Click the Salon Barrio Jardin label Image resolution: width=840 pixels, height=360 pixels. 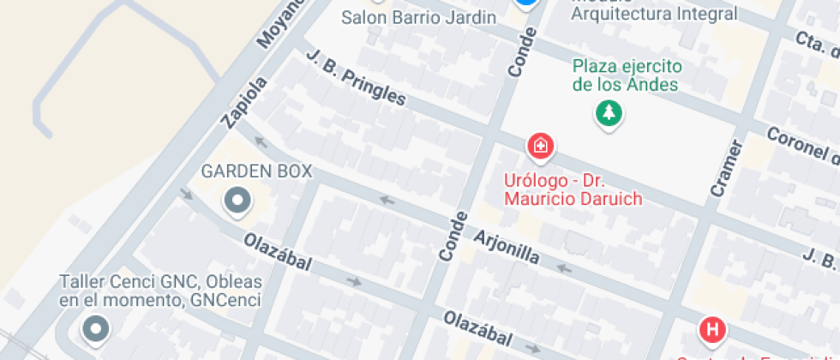(419, 17)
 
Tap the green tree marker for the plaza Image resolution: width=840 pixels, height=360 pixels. (609, 112)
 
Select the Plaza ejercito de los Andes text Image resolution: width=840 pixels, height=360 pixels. (627, 75)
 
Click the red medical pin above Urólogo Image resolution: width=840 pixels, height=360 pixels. (540, 146)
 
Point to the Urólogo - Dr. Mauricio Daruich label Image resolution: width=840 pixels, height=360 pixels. (573, 189)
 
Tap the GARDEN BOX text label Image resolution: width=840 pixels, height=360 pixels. (255, 171)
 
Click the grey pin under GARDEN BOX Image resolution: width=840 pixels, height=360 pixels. (237, 202)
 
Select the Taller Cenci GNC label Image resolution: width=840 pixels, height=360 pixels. (160, 291)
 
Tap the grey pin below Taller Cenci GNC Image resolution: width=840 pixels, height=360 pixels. (94, 328)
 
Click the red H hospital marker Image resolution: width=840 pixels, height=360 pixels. (711, 330)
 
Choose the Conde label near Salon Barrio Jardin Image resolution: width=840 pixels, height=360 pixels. (521, 52)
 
